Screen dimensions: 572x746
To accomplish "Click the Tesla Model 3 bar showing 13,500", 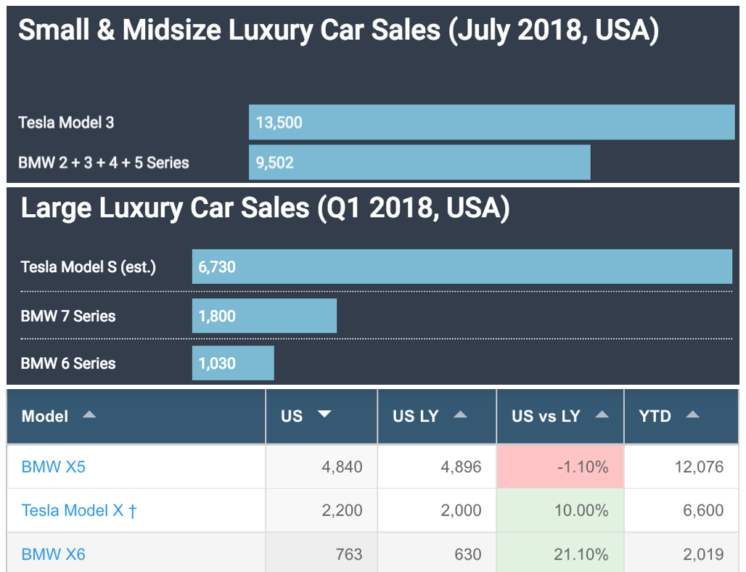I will (x=491, y=122).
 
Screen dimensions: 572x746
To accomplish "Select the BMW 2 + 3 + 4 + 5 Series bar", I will (x=419, y=163).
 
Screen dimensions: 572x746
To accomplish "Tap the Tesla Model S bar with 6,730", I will (x=462, y=267).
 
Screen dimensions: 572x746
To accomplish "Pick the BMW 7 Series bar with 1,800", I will (x=264, y=316).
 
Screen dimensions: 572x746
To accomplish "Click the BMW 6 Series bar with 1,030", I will (x=233, y=363).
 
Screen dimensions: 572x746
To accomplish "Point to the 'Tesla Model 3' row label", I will (x=66, y=123).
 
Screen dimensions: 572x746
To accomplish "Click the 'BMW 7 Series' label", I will (x=68, y=316).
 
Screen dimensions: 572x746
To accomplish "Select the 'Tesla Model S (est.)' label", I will (x=89, y=267).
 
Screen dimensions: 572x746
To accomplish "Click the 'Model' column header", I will (x=45, y=417).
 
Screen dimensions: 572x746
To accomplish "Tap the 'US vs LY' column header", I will (x=546, y=417).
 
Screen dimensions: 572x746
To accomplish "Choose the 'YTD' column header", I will (x=655, y=417).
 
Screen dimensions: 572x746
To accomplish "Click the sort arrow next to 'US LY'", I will (x=460, y=415).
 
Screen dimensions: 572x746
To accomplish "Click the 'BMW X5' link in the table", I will (x=54, y=467).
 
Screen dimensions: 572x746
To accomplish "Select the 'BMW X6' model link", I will (x=54, y=555).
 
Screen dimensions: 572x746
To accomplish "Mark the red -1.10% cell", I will (x=560, y=467).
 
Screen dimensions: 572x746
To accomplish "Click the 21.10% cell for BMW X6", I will (x=560, y=555).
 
